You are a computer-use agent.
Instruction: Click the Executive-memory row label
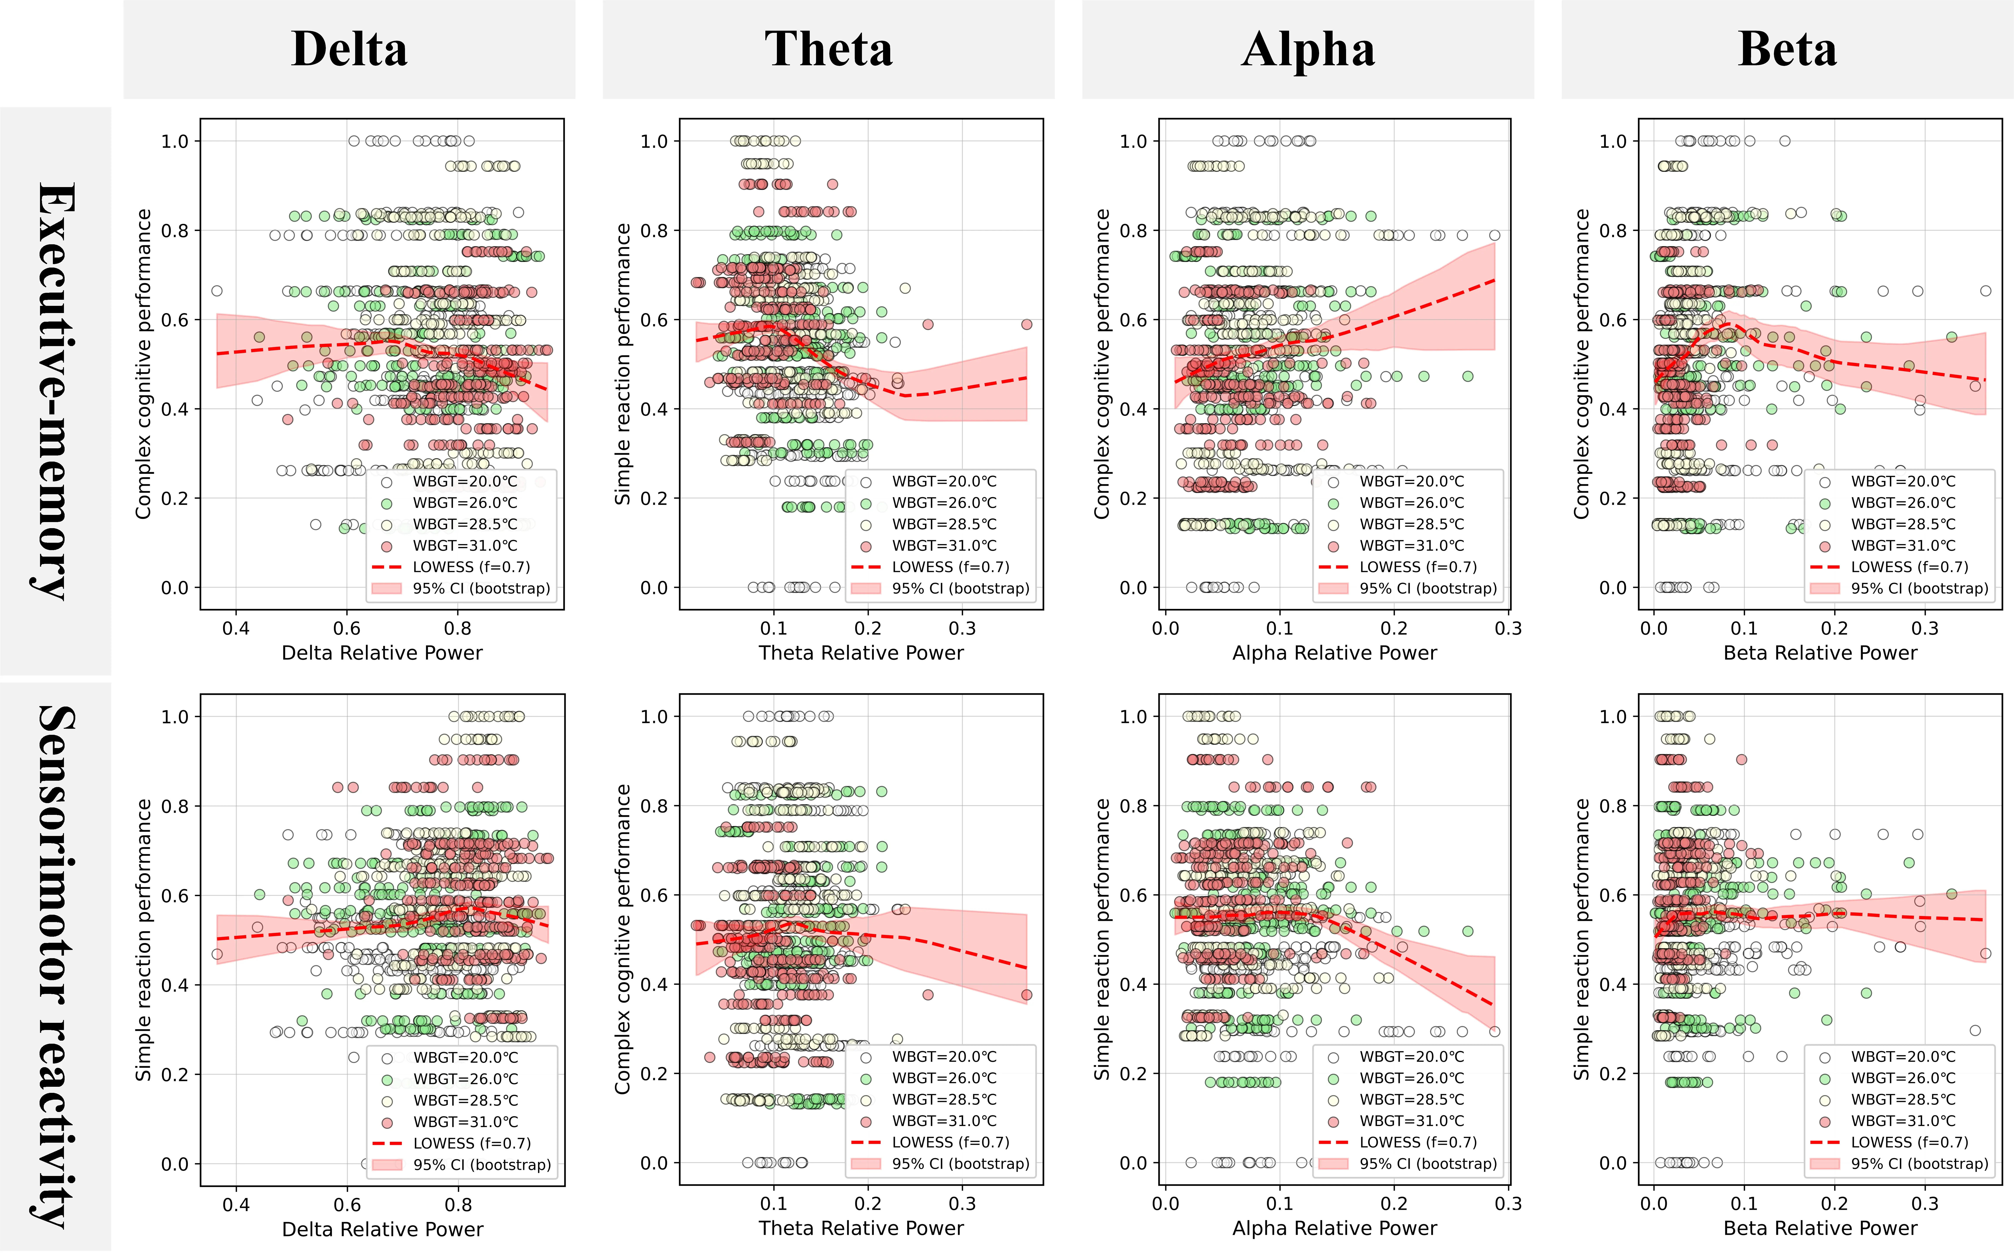tap(57, 390)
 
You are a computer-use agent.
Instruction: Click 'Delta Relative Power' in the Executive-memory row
tap(382, 653)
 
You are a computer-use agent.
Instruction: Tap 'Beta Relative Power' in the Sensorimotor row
tap(1820, 1229)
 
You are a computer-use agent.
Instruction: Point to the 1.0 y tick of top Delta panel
tap(175, 141)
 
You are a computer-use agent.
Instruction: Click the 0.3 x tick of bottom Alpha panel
tap(1508, 1204)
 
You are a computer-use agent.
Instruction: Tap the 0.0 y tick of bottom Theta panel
tap(654, 1163)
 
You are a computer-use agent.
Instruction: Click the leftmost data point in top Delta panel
tap(217, 291)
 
